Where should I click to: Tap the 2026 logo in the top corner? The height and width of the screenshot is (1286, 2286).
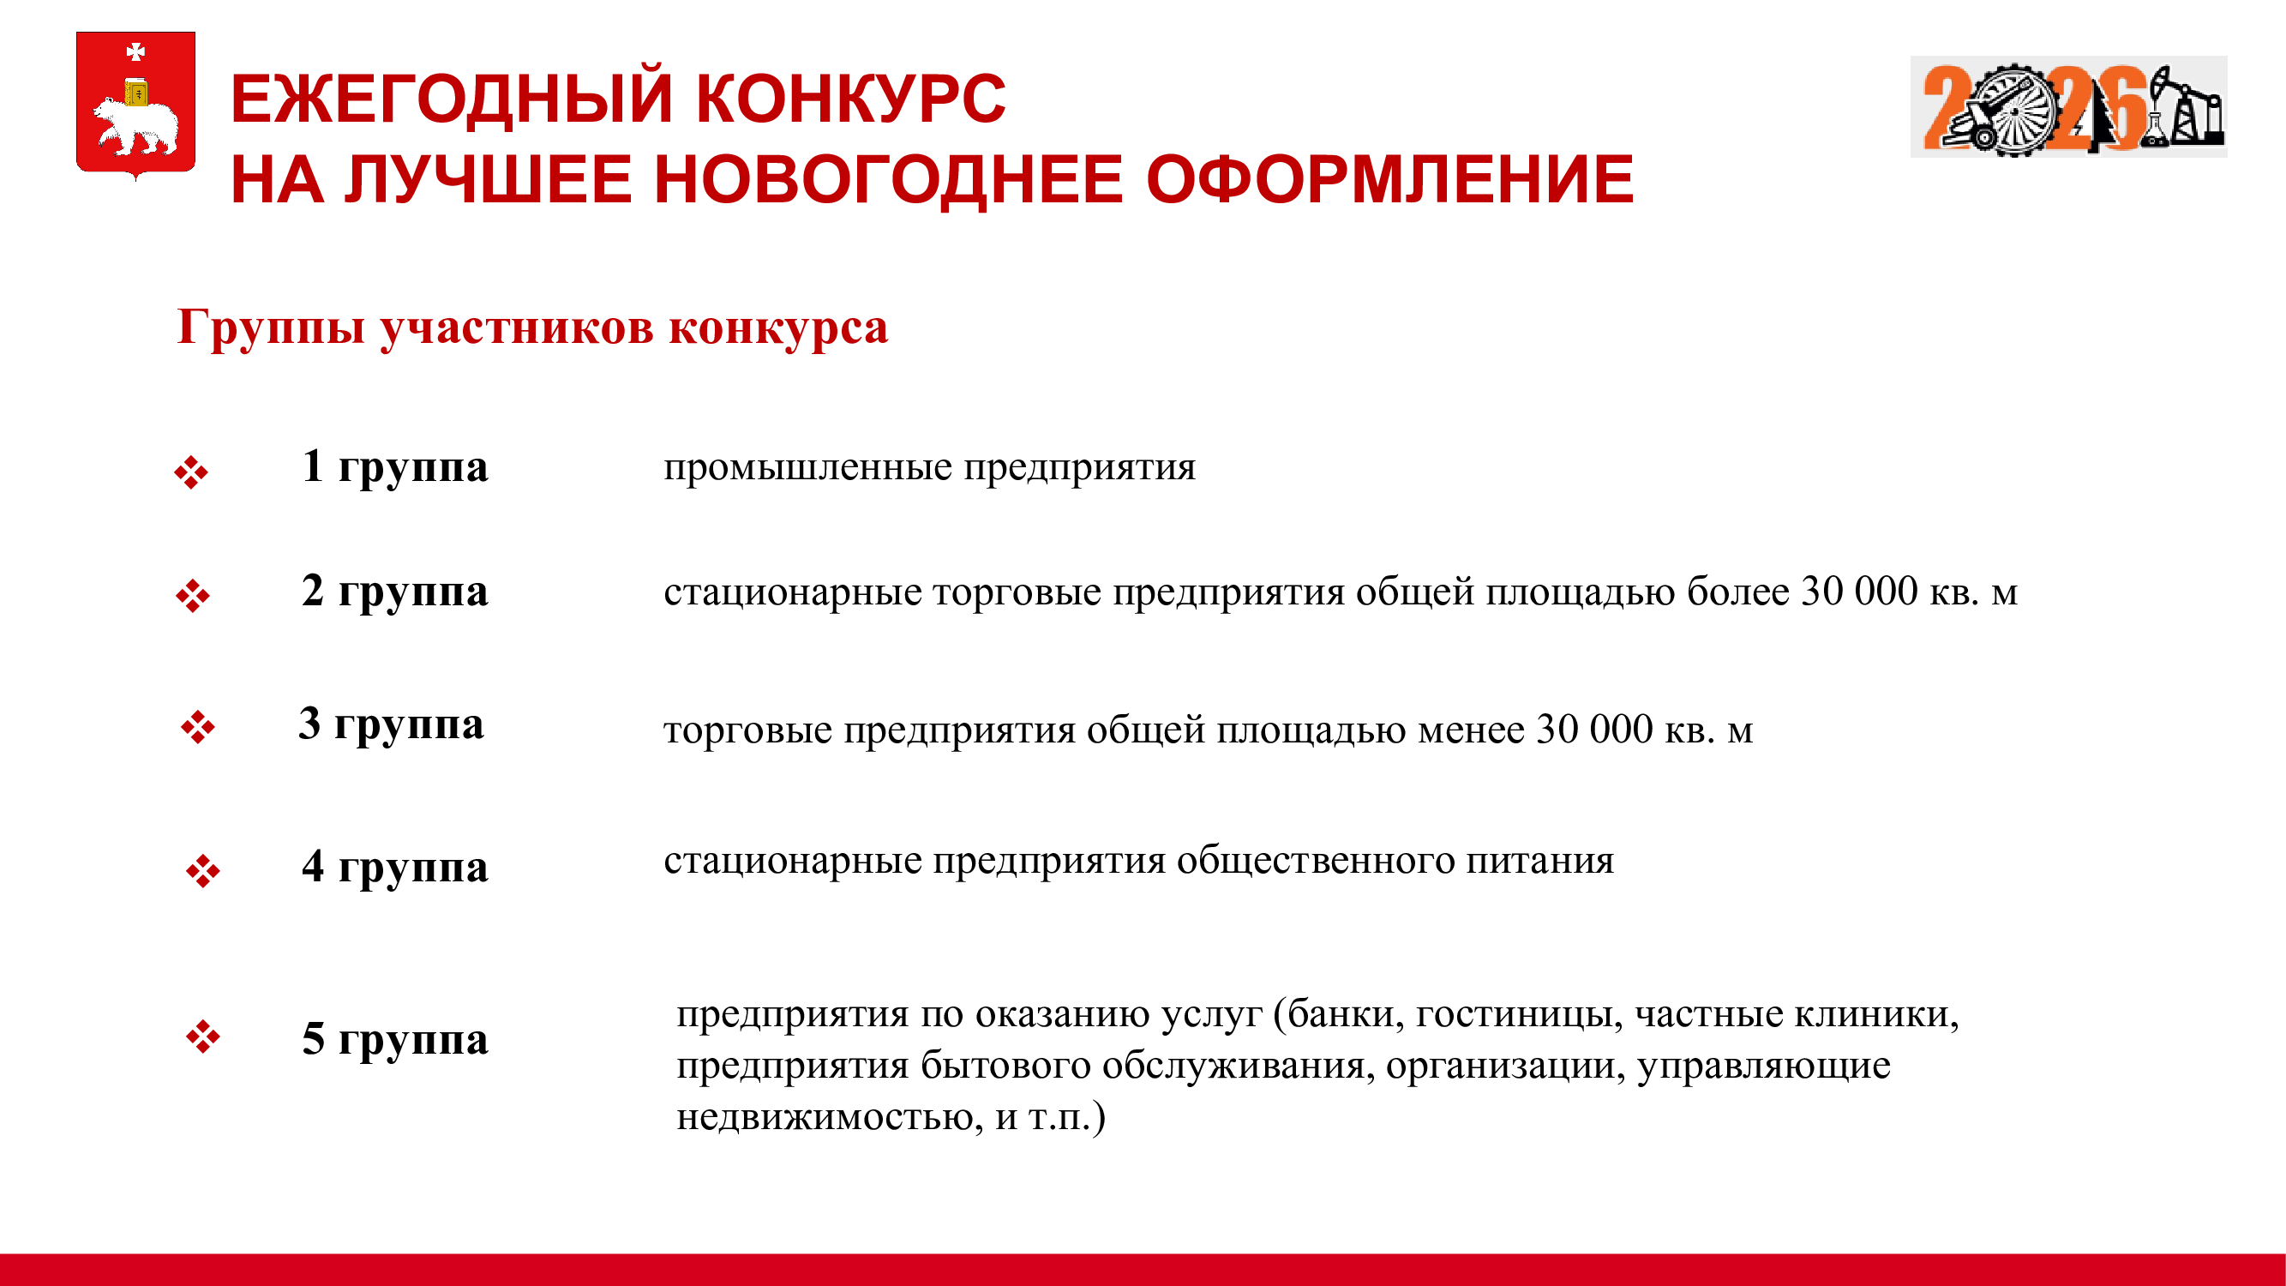(2068, 106)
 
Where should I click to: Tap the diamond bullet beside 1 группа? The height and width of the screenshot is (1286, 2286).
(191, 472)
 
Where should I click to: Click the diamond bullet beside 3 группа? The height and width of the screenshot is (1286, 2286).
(197, 727)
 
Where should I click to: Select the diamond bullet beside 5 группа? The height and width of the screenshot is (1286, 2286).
(203, 1036)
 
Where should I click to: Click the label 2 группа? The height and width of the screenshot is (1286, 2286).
(395, 592)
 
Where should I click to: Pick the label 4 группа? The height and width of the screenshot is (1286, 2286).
(395, 868)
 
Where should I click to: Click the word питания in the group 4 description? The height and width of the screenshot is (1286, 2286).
(1539, 861)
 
